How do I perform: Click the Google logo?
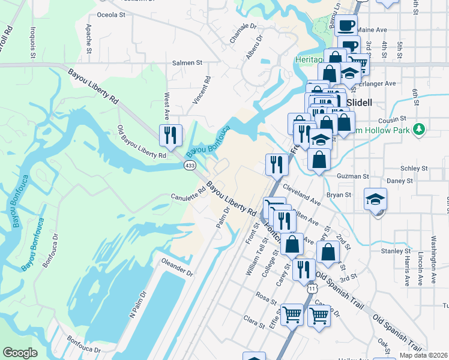(20, 353)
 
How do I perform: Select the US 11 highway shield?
(311, 289)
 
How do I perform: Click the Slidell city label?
(359, 103)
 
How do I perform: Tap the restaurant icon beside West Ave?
(170, 136)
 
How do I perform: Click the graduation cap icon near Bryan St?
(376, 200)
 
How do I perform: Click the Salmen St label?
(187, 62)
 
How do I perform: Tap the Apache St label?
(88, 38)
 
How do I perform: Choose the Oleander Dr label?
(176, 267)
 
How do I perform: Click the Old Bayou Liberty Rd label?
(142, 142)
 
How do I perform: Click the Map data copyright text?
(424, 355)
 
